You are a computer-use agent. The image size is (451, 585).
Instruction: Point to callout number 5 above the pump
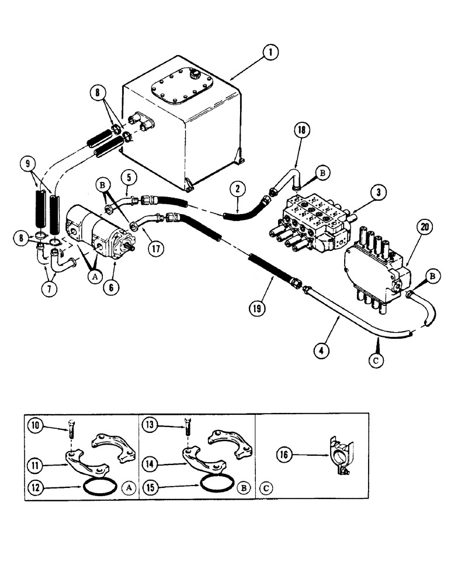(x=129, y=176)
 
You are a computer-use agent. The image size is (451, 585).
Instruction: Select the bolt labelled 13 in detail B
(x=187, y=433)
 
